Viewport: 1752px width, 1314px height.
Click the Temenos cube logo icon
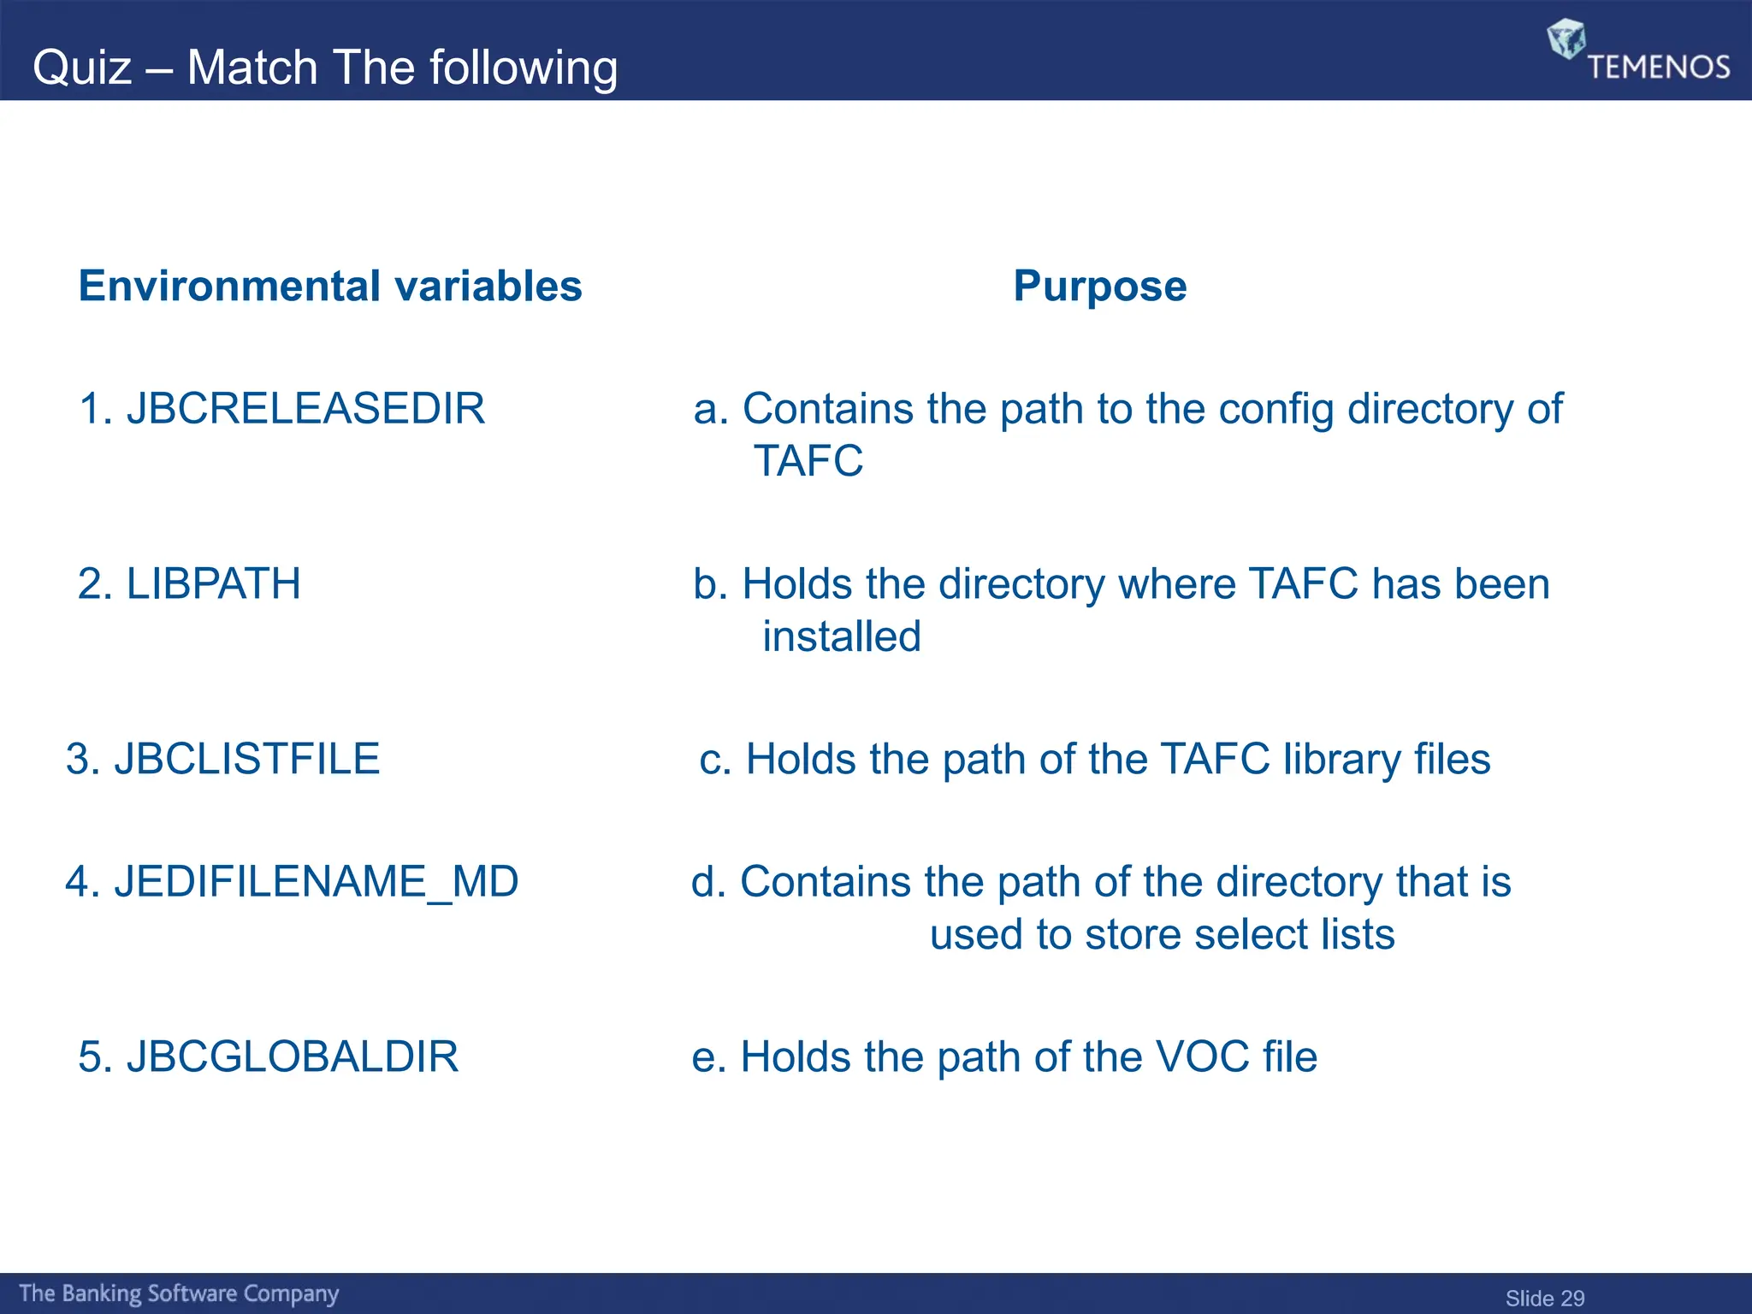coord(1566,38)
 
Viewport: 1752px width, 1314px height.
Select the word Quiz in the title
coord(82,68)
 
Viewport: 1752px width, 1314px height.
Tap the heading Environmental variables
coord(330,286)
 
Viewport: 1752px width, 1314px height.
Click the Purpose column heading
coord(1100,286)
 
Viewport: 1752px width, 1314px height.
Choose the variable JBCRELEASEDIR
coord(305,408)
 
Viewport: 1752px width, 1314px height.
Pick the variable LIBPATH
coord(213,584)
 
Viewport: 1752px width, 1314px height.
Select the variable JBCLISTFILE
coord(246,759)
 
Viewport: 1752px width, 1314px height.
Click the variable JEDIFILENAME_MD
coord(316,881)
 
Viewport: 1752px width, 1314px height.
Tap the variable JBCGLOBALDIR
coord(293,1057)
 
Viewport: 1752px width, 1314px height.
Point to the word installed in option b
coord(842,636)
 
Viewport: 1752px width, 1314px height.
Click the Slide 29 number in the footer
coord(1545,1298)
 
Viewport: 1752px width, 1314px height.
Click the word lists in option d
coord(1358,934)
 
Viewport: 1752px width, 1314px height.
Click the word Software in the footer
coord(192,1293)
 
